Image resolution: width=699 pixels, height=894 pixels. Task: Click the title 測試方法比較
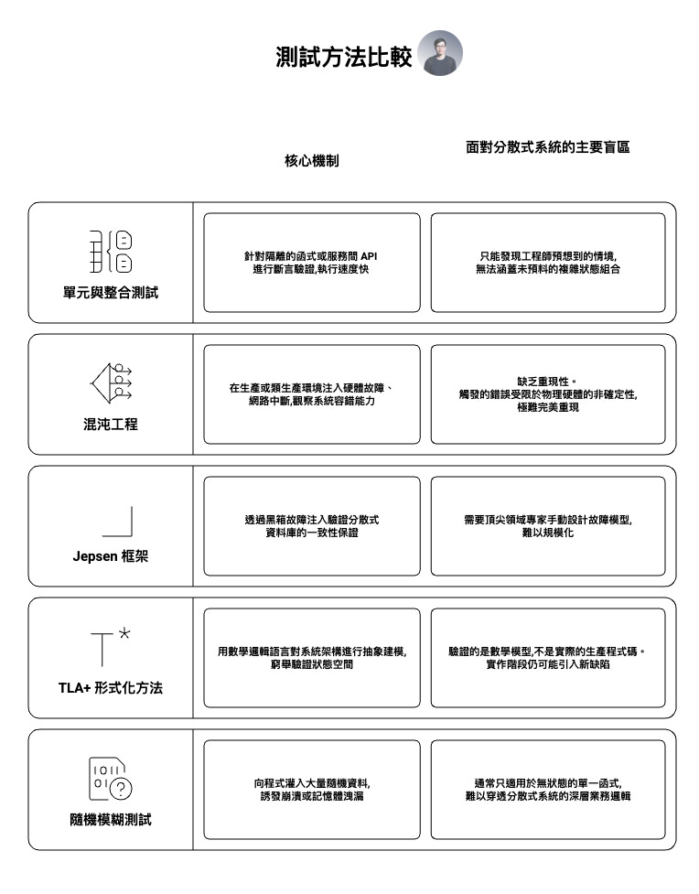[x=343, y=57]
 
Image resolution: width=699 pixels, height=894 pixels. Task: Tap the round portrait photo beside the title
[x=440, y=53]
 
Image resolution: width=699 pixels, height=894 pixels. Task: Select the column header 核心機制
[x=311, y=160]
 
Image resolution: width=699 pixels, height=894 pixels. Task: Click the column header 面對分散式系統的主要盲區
[x=547, y=146]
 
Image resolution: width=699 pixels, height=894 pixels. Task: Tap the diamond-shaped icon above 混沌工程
[x=111, y=382]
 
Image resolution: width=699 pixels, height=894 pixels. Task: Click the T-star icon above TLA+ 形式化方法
[x=110, y=647]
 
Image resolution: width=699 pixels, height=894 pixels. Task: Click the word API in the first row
[x=369, y=256]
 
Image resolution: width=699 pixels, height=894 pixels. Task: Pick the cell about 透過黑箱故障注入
[x=311, y=525]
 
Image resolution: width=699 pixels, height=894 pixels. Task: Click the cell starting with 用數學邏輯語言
[x=311, y=657]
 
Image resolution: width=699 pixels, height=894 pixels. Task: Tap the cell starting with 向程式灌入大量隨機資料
[x=311, y=789]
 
